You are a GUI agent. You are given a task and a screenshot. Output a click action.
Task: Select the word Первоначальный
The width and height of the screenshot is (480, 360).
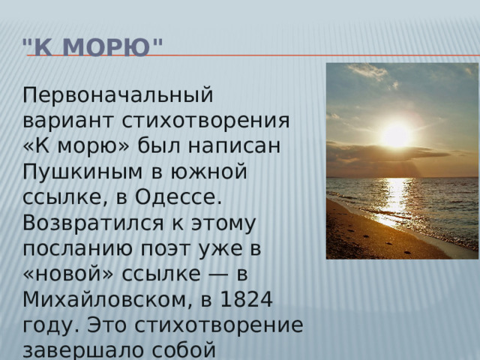coord(118,95)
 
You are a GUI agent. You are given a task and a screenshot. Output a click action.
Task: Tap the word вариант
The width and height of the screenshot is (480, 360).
coord(68,120)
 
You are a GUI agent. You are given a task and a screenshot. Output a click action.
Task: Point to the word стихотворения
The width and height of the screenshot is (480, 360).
coord(205,121)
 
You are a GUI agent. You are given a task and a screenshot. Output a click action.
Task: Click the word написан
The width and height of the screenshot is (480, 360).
coord(234,146)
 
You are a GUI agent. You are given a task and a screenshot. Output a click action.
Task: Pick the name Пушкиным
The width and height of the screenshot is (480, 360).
coord(82,172)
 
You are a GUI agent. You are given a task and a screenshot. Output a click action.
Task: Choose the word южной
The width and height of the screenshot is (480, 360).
coord(208,172)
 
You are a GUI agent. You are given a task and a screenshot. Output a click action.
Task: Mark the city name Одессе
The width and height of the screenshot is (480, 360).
coord(178,197)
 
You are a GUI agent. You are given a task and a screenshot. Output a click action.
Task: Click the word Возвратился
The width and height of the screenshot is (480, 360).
coord(93,223)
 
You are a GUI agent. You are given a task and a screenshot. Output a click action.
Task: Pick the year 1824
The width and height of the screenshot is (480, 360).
coord(246,299)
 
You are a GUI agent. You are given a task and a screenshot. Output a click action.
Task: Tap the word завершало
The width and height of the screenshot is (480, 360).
coord(83,351)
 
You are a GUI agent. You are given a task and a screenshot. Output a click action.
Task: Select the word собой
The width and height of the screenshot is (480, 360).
coord(184,350)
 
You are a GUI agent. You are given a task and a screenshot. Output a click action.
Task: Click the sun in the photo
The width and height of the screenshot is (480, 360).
coord(397,136)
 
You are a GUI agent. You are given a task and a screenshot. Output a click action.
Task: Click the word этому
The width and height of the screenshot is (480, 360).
coord(223,224)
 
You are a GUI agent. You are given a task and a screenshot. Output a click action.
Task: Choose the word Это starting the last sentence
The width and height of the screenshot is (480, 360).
coord(106,325)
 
